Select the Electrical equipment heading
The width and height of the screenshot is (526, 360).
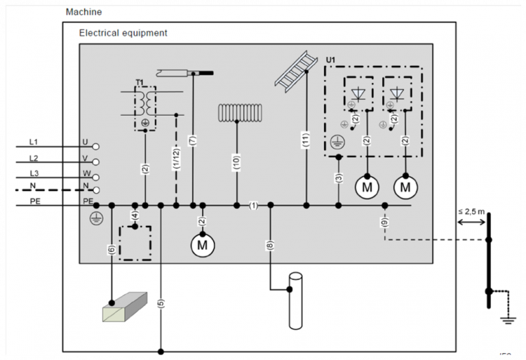point(123,33)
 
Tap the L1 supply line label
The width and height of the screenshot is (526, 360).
point(34,142)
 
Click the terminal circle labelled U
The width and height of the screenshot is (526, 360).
point(97,146)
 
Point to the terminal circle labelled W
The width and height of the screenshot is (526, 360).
point(97,176)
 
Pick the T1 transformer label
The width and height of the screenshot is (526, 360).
point(139,82)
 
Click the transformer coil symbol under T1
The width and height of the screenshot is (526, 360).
point(145,103)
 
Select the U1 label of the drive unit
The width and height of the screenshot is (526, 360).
point(331,60)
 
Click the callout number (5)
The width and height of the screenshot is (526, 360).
point(161,305)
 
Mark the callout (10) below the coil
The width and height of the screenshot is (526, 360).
point(237,162)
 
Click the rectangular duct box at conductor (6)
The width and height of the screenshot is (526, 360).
point(124,307)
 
